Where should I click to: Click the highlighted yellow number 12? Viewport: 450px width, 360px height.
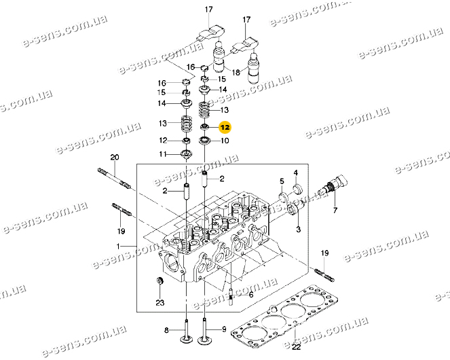pyautogui.click(x=225, y=127)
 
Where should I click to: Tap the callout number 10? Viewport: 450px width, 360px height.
pyautogui.click(x=225, y=141)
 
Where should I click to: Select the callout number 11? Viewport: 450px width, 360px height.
pyautogui.click(x=163, y=155)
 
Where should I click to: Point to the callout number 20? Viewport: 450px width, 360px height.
pyautogui.click(x=115, y=158)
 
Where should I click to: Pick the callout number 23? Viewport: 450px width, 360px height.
pyautogui.click(x=160, y=302)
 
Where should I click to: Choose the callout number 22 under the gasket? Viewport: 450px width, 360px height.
pyautogui.click(x=296, y=348)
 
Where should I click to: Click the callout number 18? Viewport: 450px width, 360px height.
pyautogui.click(x=236, y=72)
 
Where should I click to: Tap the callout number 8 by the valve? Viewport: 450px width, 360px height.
pyautogui.click(x=165, y=331)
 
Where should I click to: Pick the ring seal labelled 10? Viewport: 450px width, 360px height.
pyautogui.click(x=204, y=141)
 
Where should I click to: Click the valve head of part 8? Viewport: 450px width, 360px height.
pyautogui.click(x=185, y=340)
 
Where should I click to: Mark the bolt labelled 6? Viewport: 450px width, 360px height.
pyautogui.click(x=233, y=293)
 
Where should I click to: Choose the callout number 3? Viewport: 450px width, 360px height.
pyautogui.click(x=297, y=231)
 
